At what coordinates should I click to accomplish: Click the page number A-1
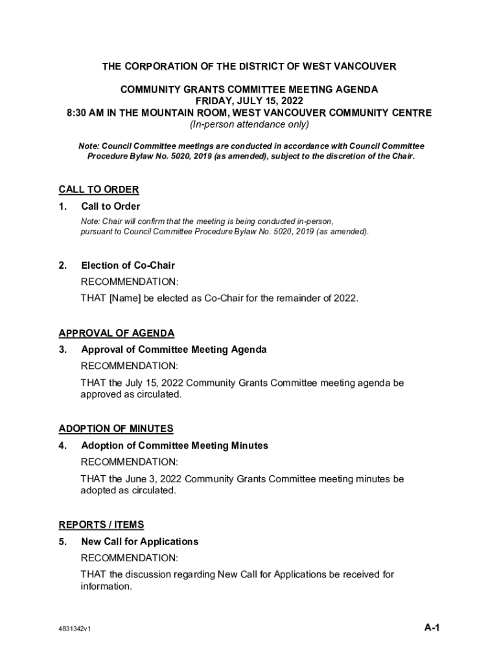tap(432, 627)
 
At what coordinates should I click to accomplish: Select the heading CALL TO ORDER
tap(99, 190)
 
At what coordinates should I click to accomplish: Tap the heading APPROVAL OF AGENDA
tap(117, 333)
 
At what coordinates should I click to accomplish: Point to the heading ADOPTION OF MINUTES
tap(116, 429)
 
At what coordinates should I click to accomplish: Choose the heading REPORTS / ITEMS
tap(101, 524)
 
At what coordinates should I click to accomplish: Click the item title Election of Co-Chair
tap(128, 265)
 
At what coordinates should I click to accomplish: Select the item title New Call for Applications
tap(139, 541)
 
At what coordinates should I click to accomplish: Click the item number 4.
tap(63, 445)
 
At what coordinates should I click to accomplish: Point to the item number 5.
tap(63, 541)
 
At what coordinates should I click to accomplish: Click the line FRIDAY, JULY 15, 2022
tap(250, 101)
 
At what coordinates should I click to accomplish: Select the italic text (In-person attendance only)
tap(250, 124)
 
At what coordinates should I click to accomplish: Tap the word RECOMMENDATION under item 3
tap(129, 366)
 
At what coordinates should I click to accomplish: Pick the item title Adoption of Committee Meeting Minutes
tap(174, 445)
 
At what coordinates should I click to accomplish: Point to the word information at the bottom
tap(106, 587)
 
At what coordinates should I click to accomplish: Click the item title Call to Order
tap(110, 207)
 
